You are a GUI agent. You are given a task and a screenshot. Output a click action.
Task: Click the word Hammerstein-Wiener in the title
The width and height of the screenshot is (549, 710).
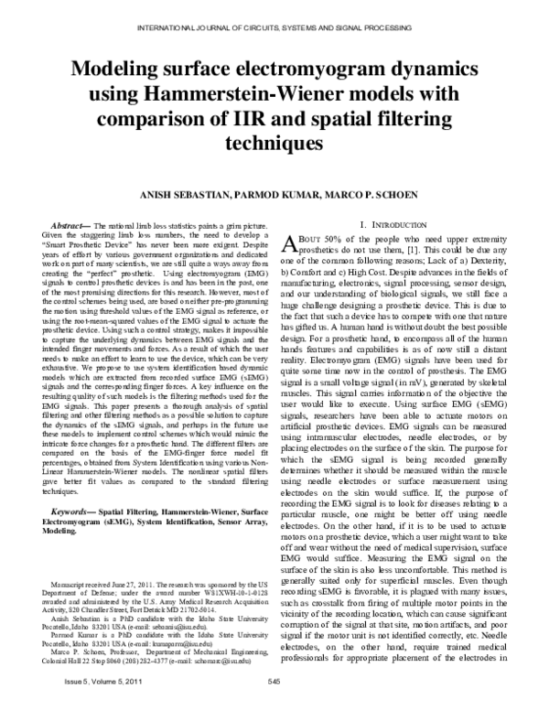[258, 99]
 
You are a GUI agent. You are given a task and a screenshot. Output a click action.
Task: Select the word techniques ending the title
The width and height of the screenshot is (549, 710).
[274, 145]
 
